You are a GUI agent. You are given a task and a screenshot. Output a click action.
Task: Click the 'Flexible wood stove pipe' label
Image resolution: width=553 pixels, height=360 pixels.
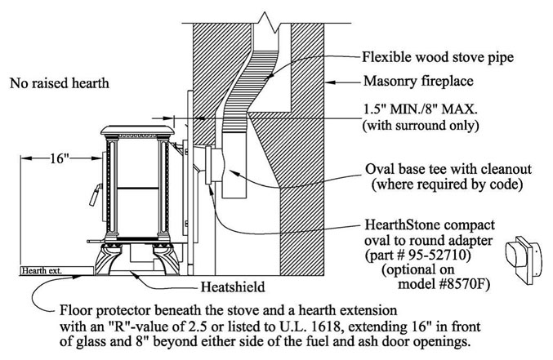click(438, 57)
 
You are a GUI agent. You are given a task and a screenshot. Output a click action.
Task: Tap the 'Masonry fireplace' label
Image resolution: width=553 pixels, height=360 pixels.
click(418, 81)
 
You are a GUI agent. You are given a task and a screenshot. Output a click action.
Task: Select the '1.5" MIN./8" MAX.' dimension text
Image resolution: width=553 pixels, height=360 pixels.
click(421, 109)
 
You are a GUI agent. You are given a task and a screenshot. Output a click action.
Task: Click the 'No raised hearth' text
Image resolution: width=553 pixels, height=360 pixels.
click(60, 83)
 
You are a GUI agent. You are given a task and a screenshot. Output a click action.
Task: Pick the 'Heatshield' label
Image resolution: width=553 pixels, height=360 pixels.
click(233, 287)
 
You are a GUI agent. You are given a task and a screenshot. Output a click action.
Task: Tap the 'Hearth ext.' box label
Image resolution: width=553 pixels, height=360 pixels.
click(42, 271)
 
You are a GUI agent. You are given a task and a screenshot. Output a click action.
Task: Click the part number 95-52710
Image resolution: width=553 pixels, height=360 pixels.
click(439, 254)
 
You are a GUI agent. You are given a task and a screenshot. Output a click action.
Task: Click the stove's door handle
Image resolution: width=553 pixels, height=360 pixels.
click(96, 194)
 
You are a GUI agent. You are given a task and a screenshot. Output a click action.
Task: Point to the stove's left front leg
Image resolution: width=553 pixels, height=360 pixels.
click(107, 260)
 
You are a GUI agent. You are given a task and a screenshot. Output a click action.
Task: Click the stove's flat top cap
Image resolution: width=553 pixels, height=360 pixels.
click(137, 130)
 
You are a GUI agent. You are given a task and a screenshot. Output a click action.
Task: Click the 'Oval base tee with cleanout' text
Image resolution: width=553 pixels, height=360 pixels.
click(448, 169)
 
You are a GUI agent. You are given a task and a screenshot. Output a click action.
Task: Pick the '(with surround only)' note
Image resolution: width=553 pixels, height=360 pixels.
click(421, 126)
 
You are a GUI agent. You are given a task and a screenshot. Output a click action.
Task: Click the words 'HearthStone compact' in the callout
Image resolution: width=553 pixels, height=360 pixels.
click(430, 224)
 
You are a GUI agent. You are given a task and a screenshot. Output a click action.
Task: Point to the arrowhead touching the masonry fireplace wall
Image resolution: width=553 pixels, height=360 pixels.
click(329, 83)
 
